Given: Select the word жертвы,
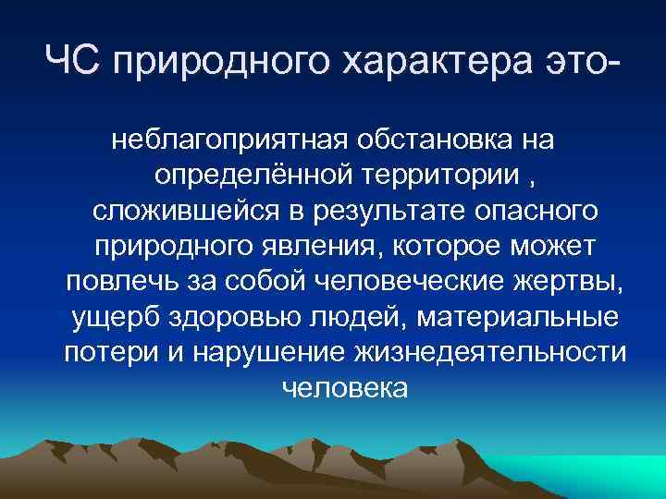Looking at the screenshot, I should pos(564,281).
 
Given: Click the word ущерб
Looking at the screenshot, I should pos(114,317).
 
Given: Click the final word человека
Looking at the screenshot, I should pos(343,388).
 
